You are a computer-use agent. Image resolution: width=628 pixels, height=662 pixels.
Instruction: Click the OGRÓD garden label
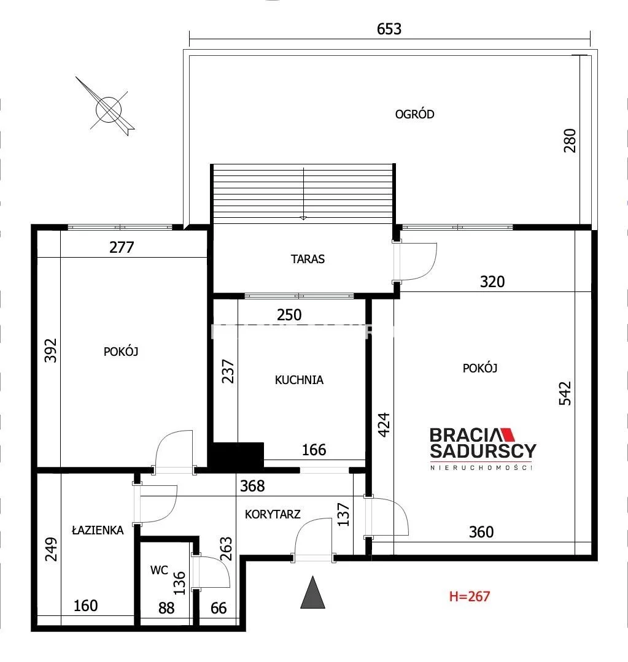[x=414, y=114]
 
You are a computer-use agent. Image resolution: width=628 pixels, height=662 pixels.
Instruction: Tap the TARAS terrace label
[x=308, y=259]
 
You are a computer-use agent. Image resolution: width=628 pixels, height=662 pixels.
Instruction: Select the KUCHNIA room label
[x=299, y=380]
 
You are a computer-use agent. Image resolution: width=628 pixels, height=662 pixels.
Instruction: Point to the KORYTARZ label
[x=273, y=514]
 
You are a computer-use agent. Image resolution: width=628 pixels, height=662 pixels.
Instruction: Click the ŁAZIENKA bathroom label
[x=98, y=530]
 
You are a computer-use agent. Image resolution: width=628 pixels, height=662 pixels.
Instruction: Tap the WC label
[x=159, y=571]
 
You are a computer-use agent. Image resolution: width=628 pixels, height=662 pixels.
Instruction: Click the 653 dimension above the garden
[x=389, y=29]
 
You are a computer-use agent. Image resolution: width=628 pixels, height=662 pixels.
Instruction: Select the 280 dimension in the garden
[x=570, y=140]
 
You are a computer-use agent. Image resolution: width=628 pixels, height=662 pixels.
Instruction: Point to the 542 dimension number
[x=565, y=393]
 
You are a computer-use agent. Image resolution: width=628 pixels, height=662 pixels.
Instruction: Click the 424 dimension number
[x=384, y=425]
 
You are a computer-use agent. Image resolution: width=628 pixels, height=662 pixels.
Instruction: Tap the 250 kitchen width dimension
[x=289, y=315]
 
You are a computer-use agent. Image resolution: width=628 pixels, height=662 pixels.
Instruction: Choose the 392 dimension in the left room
[x=51, y=350]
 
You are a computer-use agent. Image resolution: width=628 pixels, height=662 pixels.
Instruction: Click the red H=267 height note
[x=469, y=596]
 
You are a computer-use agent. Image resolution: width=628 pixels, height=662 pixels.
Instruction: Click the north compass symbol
[x=109, y=109]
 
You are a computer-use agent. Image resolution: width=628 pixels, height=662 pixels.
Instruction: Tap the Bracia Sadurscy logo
[x=483, y=448]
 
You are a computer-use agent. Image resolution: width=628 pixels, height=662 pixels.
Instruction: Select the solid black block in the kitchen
[x=238, y=455]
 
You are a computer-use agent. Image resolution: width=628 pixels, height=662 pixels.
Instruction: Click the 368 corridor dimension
[x=252, y=486]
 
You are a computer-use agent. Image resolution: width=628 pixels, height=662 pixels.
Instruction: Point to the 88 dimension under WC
[x=166, y=608]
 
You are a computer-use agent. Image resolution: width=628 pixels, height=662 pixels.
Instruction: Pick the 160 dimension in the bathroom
[x=86, y=606]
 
